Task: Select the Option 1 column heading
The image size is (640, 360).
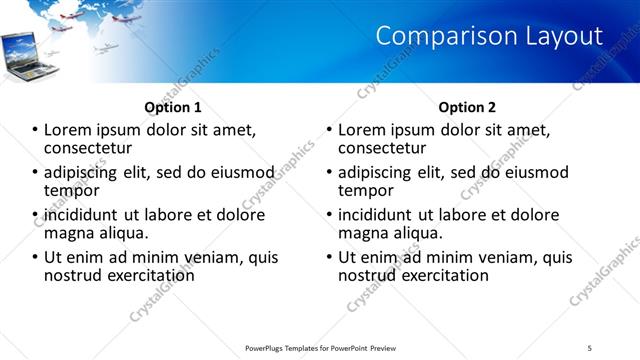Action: tap(173, 107)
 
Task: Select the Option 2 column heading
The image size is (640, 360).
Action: tap(467, 107)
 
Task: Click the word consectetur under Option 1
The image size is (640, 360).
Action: tap(87, 148)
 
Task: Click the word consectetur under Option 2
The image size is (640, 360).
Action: tap(381, 148)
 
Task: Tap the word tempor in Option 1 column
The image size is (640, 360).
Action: tap(70, 190)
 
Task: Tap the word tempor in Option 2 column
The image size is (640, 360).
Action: tap(365, 190)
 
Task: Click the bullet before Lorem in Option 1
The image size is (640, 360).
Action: tap(34, 130)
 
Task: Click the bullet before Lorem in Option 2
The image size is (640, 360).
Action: tap(328, 130)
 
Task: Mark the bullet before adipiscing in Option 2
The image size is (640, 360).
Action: tap(328, 172)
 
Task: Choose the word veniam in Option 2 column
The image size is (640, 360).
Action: tap(505, 257)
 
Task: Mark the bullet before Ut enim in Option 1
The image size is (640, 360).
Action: tap(34, 257)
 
